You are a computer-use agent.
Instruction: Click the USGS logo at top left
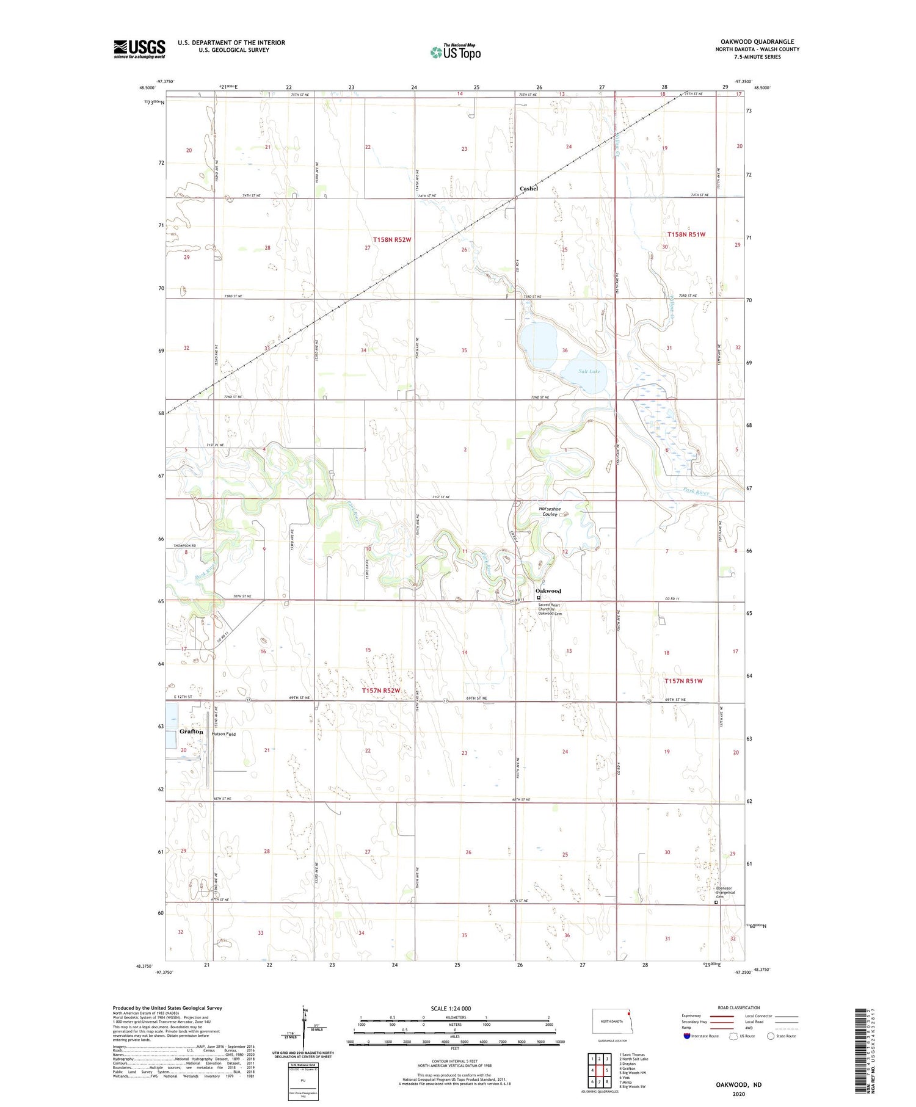pyautogui.click(x=139, y=49)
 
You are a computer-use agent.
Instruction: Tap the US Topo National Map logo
pyautogui.click(x=456, y=52)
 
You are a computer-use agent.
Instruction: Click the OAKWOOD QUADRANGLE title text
pyautogui.click(x=757, y=42)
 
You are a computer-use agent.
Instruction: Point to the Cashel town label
pyautogui.click(x=529, y=189)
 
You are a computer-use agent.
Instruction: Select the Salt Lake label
pyautogui.click(x=589, y=371)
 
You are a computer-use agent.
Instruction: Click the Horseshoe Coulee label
pyautogui.click(x=550, y=512)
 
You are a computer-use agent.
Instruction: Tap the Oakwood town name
pyautogui.click(x=548, y=591)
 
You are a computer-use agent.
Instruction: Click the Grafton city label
pyautogui.click(x=191, y=731)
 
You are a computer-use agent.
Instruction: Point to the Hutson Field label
pyautogui.click(x=224, y=734)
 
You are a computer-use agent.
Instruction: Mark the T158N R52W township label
pyautogui.click(x=392, y=240)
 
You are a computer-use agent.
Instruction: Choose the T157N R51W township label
pyautogui.click(x=684, y=681)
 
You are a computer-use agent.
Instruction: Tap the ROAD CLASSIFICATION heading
pyautogui.click(x=739, y=1007)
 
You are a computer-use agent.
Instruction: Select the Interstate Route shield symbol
pyautogui.click(x=686, y=1036)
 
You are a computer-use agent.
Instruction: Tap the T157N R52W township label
pyautogui.click(x=380, y=691)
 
